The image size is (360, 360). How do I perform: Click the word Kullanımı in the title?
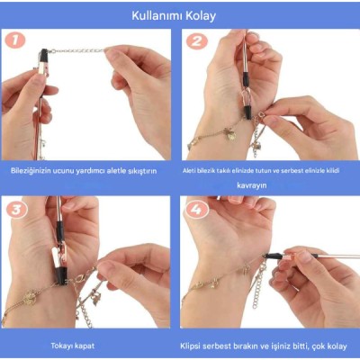159,15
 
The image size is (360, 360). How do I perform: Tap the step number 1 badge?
13,40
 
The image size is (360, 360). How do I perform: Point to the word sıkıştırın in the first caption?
141,170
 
